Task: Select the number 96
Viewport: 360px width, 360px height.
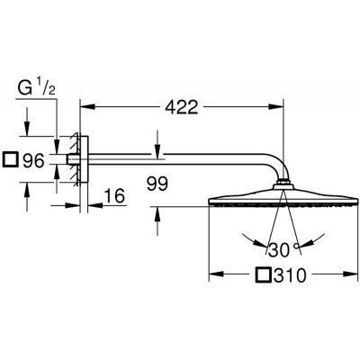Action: pos(34,163)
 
